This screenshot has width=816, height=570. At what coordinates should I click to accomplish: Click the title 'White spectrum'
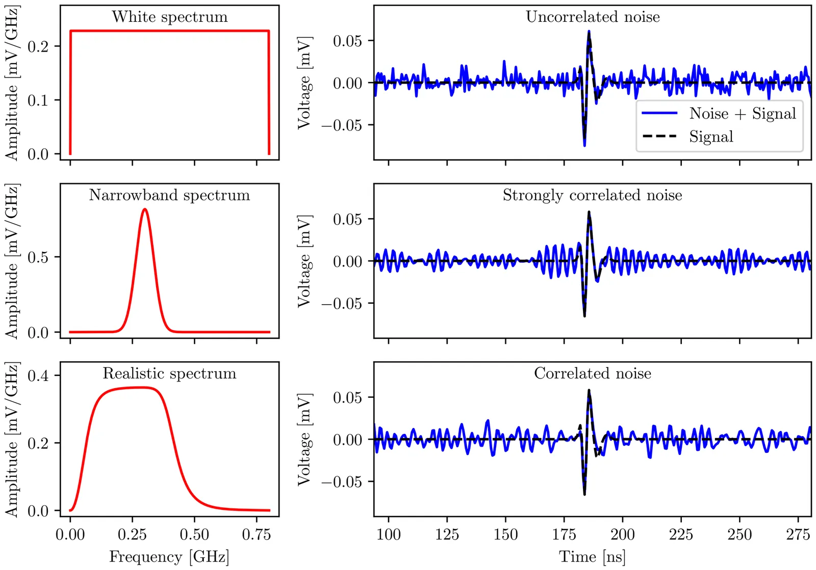(169, 17)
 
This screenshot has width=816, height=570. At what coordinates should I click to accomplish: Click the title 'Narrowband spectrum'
(169, 195)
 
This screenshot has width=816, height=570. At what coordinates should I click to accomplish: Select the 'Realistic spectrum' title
(169, 373)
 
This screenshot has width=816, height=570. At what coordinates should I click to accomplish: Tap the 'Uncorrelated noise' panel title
(593, 17)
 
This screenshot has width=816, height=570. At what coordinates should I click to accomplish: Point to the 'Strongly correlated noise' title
(593, 195)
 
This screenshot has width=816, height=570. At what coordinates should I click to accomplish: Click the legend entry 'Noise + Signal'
(743, 113)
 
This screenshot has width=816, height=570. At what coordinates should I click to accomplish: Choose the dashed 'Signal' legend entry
(711, 137)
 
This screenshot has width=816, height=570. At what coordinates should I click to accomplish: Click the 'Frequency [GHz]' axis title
(169, 557)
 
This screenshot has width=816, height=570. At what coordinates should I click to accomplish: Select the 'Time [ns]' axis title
(593, 557)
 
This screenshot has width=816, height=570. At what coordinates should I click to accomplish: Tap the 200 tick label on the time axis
(623, 534)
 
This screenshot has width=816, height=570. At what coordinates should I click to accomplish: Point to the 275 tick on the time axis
(798, 534)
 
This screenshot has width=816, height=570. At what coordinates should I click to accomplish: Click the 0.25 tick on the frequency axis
(132, 534)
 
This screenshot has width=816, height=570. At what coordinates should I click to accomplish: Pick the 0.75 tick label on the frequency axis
(257, 534)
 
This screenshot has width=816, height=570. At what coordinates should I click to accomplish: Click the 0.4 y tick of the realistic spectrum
(38, 376)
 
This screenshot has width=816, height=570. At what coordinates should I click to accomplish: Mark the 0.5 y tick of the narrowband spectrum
(38, 257)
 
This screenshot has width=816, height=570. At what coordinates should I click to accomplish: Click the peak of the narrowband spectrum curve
(145, 209)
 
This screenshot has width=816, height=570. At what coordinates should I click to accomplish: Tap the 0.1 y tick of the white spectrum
(38, 100)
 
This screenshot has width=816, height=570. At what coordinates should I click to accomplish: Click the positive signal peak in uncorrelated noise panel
(589, 32)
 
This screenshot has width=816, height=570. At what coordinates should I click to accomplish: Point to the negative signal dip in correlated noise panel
(584, 494)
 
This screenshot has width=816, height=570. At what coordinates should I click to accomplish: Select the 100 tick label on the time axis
(389, 534)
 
